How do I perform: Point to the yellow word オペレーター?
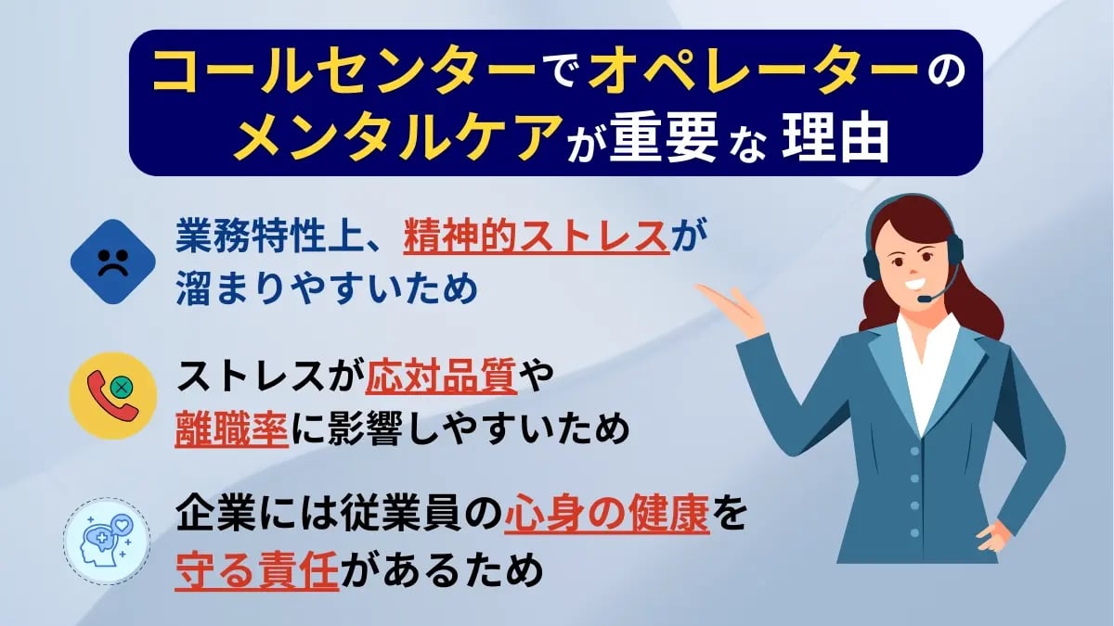coord(746,73)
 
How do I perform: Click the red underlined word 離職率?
coord(229,429)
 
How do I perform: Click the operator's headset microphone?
coord(925,299)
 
